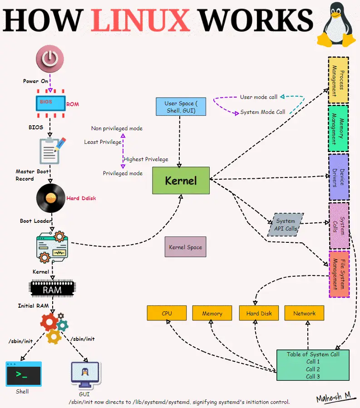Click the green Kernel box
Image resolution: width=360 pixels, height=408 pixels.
(x=181, y=181)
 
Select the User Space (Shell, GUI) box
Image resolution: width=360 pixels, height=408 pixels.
(x=181, y=107)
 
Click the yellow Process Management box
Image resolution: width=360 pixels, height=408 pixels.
(x=338, y=80)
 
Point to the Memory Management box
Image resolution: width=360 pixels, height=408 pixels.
(x=338, y=128)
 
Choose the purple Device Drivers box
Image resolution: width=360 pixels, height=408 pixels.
(x=338, y=177)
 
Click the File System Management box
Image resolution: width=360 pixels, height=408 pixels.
(x=339, y=274)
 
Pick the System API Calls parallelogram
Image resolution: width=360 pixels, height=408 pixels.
(x=286, y=225)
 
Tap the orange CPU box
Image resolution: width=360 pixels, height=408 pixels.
(x=167, y=313)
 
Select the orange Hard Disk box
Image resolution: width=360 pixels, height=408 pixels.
(x=259, y=313)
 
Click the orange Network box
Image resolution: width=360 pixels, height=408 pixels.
(x=304, y=313)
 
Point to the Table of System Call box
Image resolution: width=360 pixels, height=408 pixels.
(x=313, y=365)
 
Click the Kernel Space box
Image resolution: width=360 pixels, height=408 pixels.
(x=185, y=247)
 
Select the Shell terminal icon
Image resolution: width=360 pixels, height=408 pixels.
(x=23, y=374)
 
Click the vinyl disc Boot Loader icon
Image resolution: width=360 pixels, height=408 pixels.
(x=50, y=198)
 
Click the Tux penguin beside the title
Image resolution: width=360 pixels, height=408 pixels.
(x=337, y=25)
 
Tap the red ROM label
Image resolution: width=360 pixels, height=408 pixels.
(x=73, y=104)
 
